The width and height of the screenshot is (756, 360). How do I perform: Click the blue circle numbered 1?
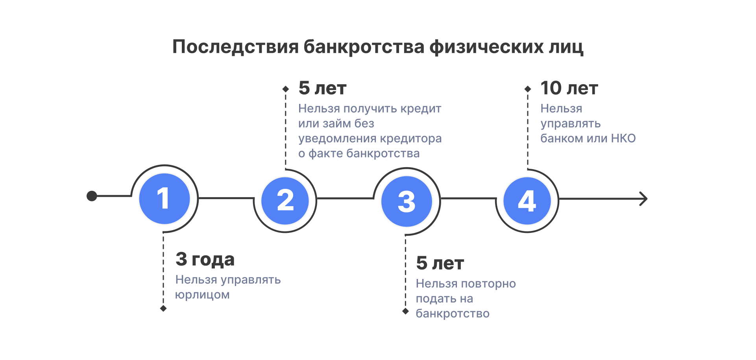[165, 199]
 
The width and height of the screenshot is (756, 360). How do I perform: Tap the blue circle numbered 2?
[285, 201]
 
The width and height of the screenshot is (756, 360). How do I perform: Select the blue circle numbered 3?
[407, 201]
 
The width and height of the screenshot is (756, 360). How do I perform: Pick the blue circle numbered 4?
[527, 201]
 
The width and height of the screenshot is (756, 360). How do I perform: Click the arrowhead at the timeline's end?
[643, 199]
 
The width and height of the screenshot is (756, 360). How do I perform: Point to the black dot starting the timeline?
[92, 196]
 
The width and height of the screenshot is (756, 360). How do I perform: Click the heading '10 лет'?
[569, 88]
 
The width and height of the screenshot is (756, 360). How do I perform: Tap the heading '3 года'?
[205, 259]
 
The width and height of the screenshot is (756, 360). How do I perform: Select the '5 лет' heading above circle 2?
[322, 88]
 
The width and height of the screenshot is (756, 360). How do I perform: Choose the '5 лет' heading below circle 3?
[440, 263]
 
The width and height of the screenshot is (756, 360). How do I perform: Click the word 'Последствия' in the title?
[236, 47]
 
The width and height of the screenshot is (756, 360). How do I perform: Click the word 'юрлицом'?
[202, 295]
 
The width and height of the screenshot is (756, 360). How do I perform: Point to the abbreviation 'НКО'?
[623, 138]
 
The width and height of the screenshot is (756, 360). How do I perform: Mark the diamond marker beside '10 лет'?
[528, 89]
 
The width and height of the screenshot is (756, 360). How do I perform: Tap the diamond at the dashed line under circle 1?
[163, 308]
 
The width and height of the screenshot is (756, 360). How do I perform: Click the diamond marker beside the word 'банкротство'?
[405, 311]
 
